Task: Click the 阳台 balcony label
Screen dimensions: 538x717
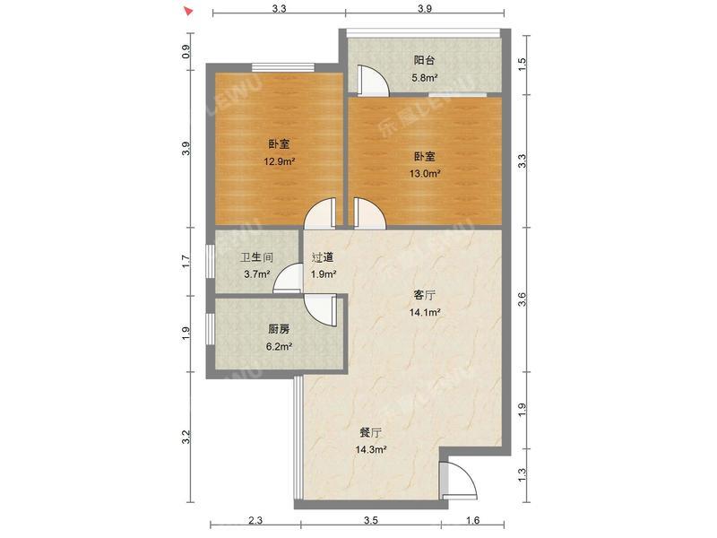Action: (x=424, y=60)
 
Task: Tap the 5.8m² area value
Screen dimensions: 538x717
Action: (x=424, y=77)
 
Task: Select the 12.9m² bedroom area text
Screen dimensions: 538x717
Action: (x=279, y=162)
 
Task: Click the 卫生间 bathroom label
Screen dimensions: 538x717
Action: (x=255, y=257)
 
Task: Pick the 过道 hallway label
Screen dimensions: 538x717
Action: (x=323, y=257)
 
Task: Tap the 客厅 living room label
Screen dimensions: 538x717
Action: (x=424, y=295)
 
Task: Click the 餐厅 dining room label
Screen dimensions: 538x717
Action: (x=370, y=431)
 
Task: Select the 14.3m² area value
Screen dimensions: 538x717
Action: (x=370, y=449)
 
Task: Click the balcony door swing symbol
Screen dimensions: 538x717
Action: (x=372, y=81)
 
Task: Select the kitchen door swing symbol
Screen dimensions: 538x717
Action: (x=318, y=309)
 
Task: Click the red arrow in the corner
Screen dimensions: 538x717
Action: (x=187, y=12)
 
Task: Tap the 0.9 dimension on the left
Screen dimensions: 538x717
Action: (x=186, y=52)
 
